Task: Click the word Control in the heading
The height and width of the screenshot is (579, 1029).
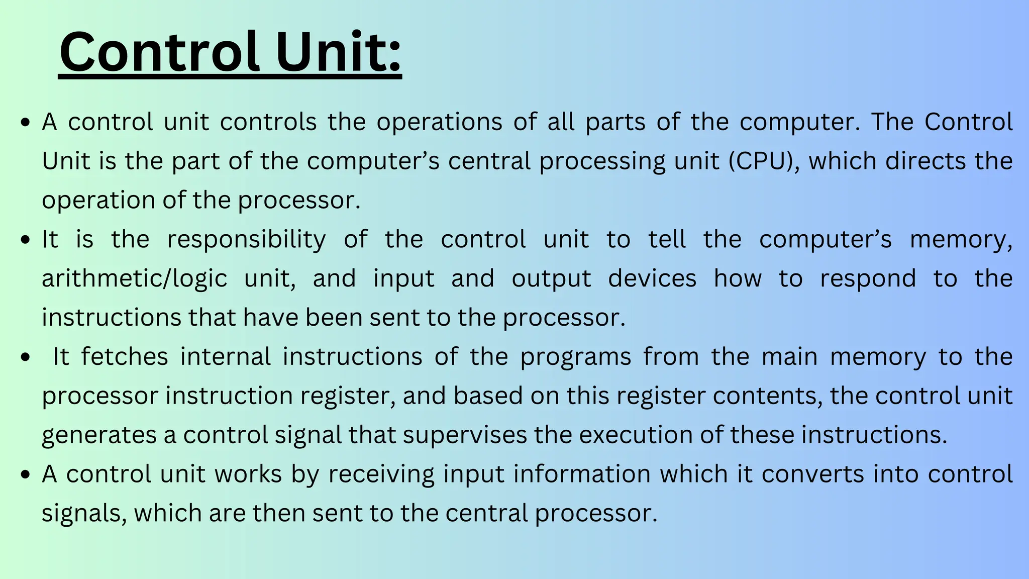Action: (x=159, y=52)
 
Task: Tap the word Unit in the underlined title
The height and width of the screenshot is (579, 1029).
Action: (x=338, y=52)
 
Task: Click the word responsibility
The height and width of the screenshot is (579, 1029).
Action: (x=246, y=240)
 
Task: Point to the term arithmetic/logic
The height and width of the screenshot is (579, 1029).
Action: (x=134, y=279)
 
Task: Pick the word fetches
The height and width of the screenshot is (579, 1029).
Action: (x=124, y=357)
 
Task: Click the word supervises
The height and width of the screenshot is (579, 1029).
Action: (x=465, y=435)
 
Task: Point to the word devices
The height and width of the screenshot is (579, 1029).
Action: (x=652, y=278)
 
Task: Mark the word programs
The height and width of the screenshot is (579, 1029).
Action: (x=575, y=357)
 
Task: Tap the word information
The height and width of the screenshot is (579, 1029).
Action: (x=547, y=474)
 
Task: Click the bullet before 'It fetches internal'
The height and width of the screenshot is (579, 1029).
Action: (x=26, y=358)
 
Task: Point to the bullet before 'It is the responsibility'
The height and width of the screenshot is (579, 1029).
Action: (x=26, y=240)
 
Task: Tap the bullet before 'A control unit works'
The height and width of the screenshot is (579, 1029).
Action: (x=26, y=475)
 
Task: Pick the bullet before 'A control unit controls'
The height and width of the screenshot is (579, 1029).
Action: (x=26, y=123)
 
